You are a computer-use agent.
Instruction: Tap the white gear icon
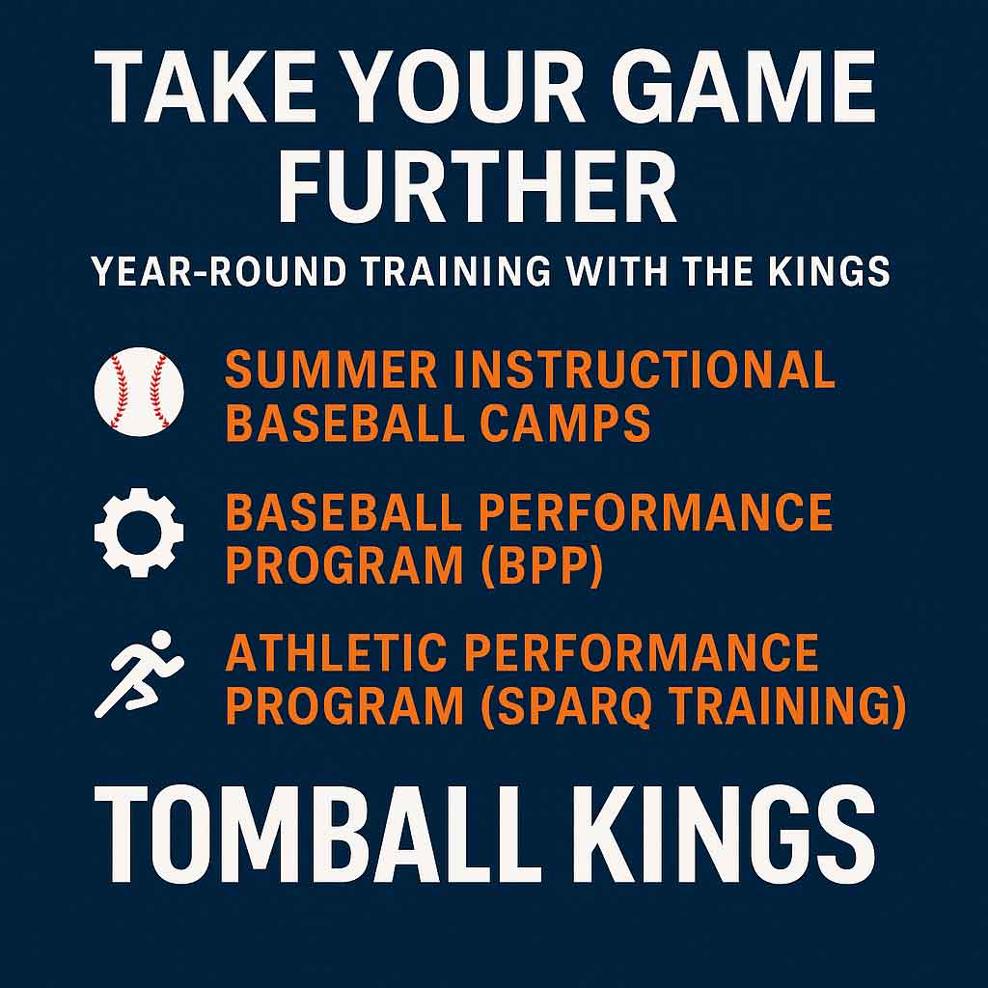point(139,532)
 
